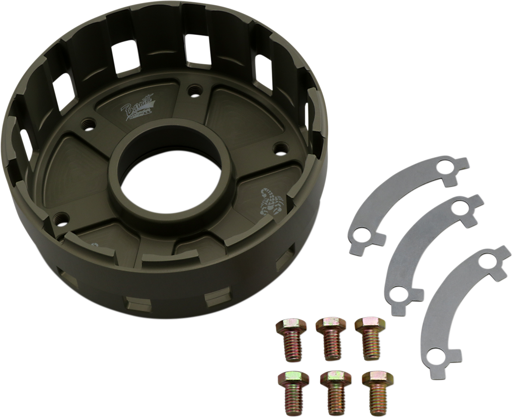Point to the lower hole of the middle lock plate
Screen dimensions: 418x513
pos(401,296)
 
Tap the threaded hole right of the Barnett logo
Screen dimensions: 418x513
pos(193,91)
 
